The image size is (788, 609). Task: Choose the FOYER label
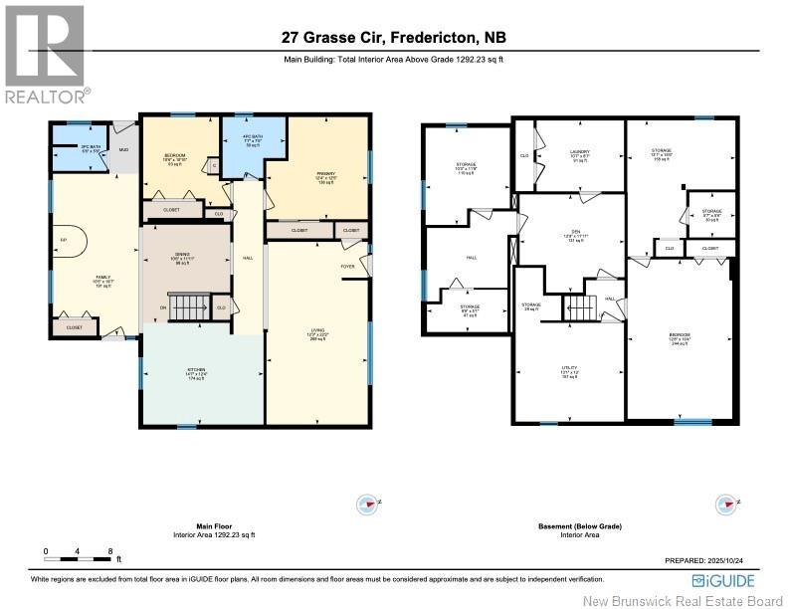point(348,266)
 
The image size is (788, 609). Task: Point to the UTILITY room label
point(570,370)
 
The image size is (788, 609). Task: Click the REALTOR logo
point(45,55)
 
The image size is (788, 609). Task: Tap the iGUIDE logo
point(723,580)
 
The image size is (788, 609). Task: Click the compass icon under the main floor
point(367,504)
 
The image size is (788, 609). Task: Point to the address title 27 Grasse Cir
point(394,39)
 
